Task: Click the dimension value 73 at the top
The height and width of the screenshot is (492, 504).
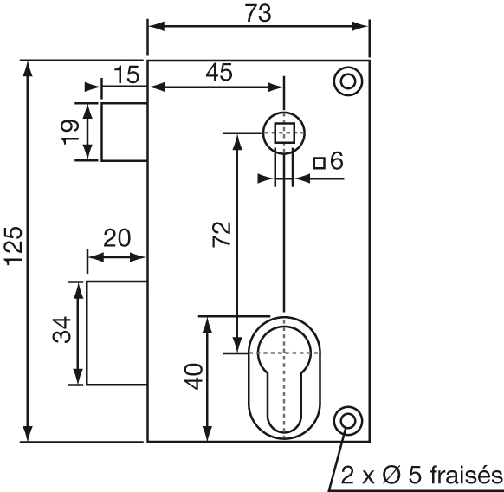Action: click(x=258, y=14)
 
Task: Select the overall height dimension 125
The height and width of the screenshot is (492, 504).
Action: click(x=15, y=246)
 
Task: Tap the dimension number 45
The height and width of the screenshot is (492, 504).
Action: click(x=219, y=72)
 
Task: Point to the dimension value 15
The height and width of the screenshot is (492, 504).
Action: click(x=126, y=74)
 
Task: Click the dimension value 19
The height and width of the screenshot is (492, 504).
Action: click(x=69, y=132)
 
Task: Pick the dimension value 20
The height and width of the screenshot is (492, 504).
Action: click(x=117, y=238)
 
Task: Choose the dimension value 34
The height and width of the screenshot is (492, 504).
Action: click(x=61, y=330)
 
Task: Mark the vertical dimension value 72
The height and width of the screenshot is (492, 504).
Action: click(x=222, y=234)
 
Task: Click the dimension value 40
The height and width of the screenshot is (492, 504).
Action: click(x=193, y=377)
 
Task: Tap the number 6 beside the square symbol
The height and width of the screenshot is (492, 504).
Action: click(x=337, y=160)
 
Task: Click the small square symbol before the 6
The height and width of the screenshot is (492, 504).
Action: click(x=320, y=163)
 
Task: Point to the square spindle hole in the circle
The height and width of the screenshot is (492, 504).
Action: click(x=284, y=133)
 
